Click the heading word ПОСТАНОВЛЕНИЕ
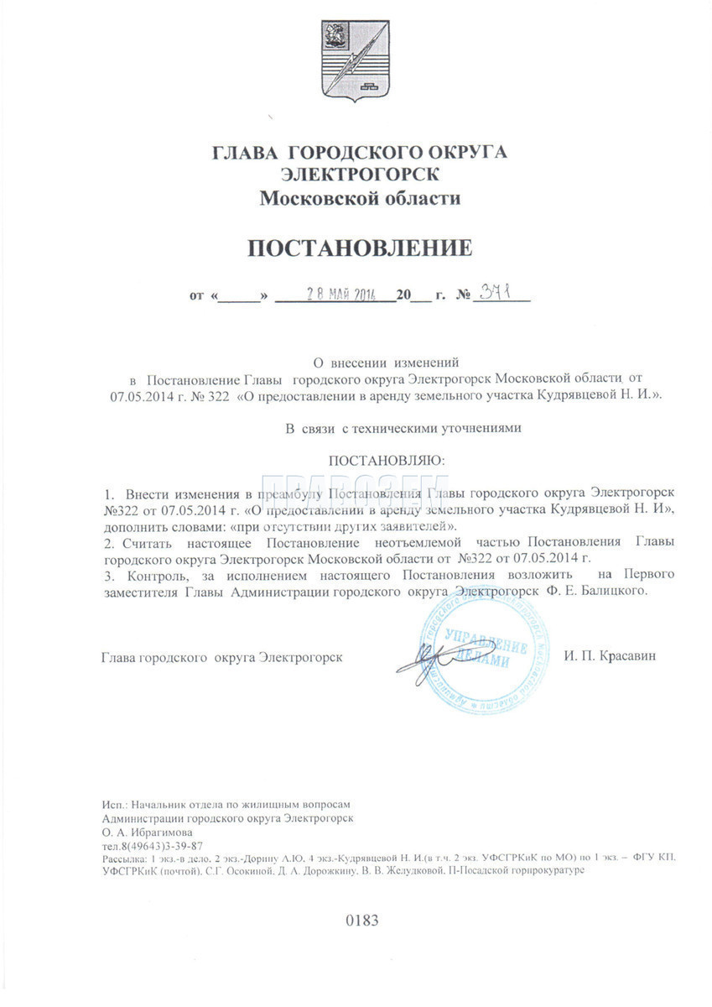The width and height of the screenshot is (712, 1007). pos(358,248)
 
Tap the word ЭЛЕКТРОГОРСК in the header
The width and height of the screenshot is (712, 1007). pos(359,175)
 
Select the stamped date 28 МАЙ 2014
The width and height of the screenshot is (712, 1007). pos(329,295)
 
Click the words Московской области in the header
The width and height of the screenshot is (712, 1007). pos(360,198)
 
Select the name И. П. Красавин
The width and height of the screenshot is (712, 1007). pos(610,655)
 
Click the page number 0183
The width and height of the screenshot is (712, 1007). pos(362,921)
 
